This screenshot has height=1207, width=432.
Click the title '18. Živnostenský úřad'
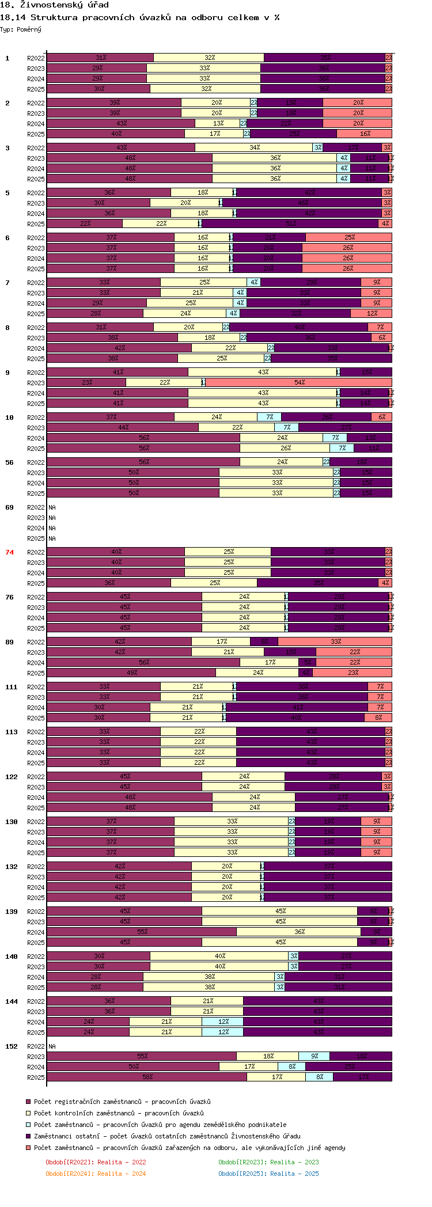point(54,5)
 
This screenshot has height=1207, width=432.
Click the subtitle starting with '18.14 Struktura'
point(140,17)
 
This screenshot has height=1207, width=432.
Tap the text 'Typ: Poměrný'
point(21,29)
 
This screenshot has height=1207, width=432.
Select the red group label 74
point(9,552)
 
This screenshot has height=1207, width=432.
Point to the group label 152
point(12,1046)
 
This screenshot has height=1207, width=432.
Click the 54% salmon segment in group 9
point(299,383)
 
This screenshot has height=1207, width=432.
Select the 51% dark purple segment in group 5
point(290,224)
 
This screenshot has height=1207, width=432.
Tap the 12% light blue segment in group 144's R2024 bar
point(222,1022)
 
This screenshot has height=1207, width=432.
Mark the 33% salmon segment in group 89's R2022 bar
point(335,642)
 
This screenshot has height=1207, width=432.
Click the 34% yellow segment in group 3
point(254,148)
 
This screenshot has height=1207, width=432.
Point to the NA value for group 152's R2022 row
point(52,1046)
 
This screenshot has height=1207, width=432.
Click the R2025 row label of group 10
point(36,449)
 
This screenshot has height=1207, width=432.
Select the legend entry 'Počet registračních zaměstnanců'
point(122,1102)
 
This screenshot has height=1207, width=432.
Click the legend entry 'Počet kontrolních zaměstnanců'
point(119,1113)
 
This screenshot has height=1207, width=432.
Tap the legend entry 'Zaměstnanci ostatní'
point(167,1136)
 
